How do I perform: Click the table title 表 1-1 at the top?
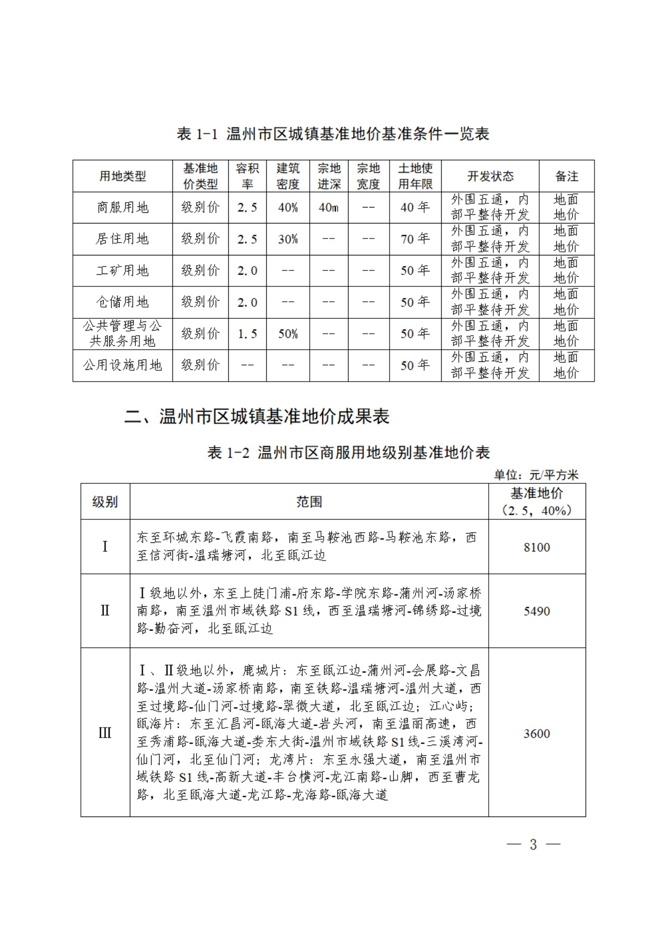[x=333, y=134]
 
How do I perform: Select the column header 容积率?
[x=247, y=176]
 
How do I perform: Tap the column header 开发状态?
[x=490, y=176]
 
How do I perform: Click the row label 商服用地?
[x=122, y=208]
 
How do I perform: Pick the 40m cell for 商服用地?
[x=328, y=208]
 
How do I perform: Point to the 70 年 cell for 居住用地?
[x=415, y=239]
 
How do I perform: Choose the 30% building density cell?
[x=287, y=239]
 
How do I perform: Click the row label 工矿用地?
[x=122, y=270]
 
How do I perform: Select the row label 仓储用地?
[x=122, y=302]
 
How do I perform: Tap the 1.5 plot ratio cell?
[x=247, y=334]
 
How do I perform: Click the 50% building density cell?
[x=287, y=334]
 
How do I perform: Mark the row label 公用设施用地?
[x=122, y=365]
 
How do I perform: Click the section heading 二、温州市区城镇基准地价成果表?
[x=257, y=416]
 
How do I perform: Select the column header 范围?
[x=309, y=501]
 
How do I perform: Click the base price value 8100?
[x=537, y=547]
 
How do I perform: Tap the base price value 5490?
[x=537, y=611]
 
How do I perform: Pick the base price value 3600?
[x=537, y=733]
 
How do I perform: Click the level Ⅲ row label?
[x=105, y=733]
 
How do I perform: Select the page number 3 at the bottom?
[x=533, y=844]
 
